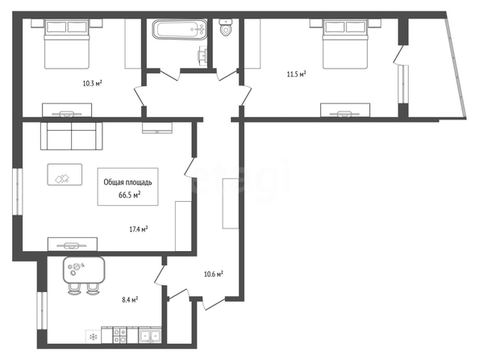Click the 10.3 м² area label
click(x=92, y=83)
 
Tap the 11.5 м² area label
click(x=296, y=74)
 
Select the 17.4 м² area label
click(x=139, y=228)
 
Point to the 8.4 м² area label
click(x=130, y=299)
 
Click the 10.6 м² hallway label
click(x=213, y=274)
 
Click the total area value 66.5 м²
click(x=130, y=195)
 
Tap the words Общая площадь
click(x=127, y=182)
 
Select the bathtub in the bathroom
click(x=180, y=29)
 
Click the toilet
click(x=226, y=27)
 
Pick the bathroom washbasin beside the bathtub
click(x=202, y=56)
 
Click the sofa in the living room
click(x=72, y=136)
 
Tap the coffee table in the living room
click(x=65, y=174)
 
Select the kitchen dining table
click(x=84, y=270)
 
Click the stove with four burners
click(x=119, y=335)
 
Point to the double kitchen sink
click(x=150, y=336)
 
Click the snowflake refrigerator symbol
click(x=93, y=337)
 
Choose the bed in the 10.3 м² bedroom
click(x=67, y=44)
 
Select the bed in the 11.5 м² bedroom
click(x=345, y=44)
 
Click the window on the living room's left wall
click(x=18, y=191)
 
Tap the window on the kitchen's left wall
click(x=42, y=311)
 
